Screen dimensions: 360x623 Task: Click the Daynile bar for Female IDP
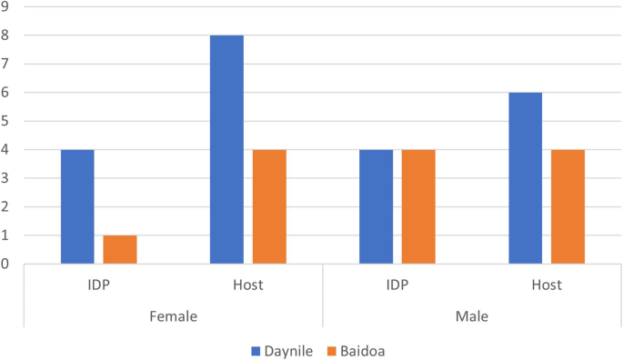point(77,206)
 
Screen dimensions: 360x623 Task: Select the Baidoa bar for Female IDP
point(120,250)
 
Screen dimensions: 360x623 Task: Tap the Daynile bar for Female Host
point(226,149)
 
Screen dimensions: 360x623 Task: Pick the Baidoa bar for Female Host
point(269,206)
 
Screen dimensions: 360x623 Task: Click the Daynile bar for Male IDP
point(376,206)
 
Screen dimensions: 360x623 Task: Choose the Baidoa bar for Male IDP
point(418,206)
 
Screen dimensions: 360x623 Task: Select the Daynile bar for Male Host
point(525,178)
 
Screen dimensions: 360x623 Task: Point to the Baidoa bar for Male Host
point(568,206)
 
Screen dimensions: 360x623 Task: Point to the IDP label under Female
point(98,285)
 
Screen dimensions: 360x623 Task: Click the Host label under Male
point(547,285)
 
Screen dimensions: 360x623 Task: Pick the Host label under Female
point(247,285)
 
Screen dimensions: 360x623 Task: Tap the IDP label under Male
point(397,285)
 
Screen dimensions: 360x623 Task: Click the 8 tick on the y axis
point(5,35)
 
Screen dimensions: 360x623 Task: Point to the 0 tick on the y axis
point(5,264)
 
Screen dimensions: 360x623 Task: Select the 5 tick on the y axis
point(5,121)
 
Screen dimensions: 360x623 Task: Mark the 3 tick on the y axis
point(5,178)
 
